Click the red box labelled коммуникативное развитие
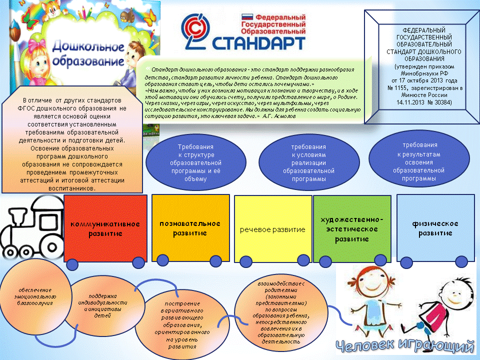[x=105, y=228]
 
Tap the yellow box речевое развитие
[x=272, y=229]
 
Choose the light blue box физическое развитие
[x=435, y=228]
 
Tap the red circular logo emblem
[x=195, y=30]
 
